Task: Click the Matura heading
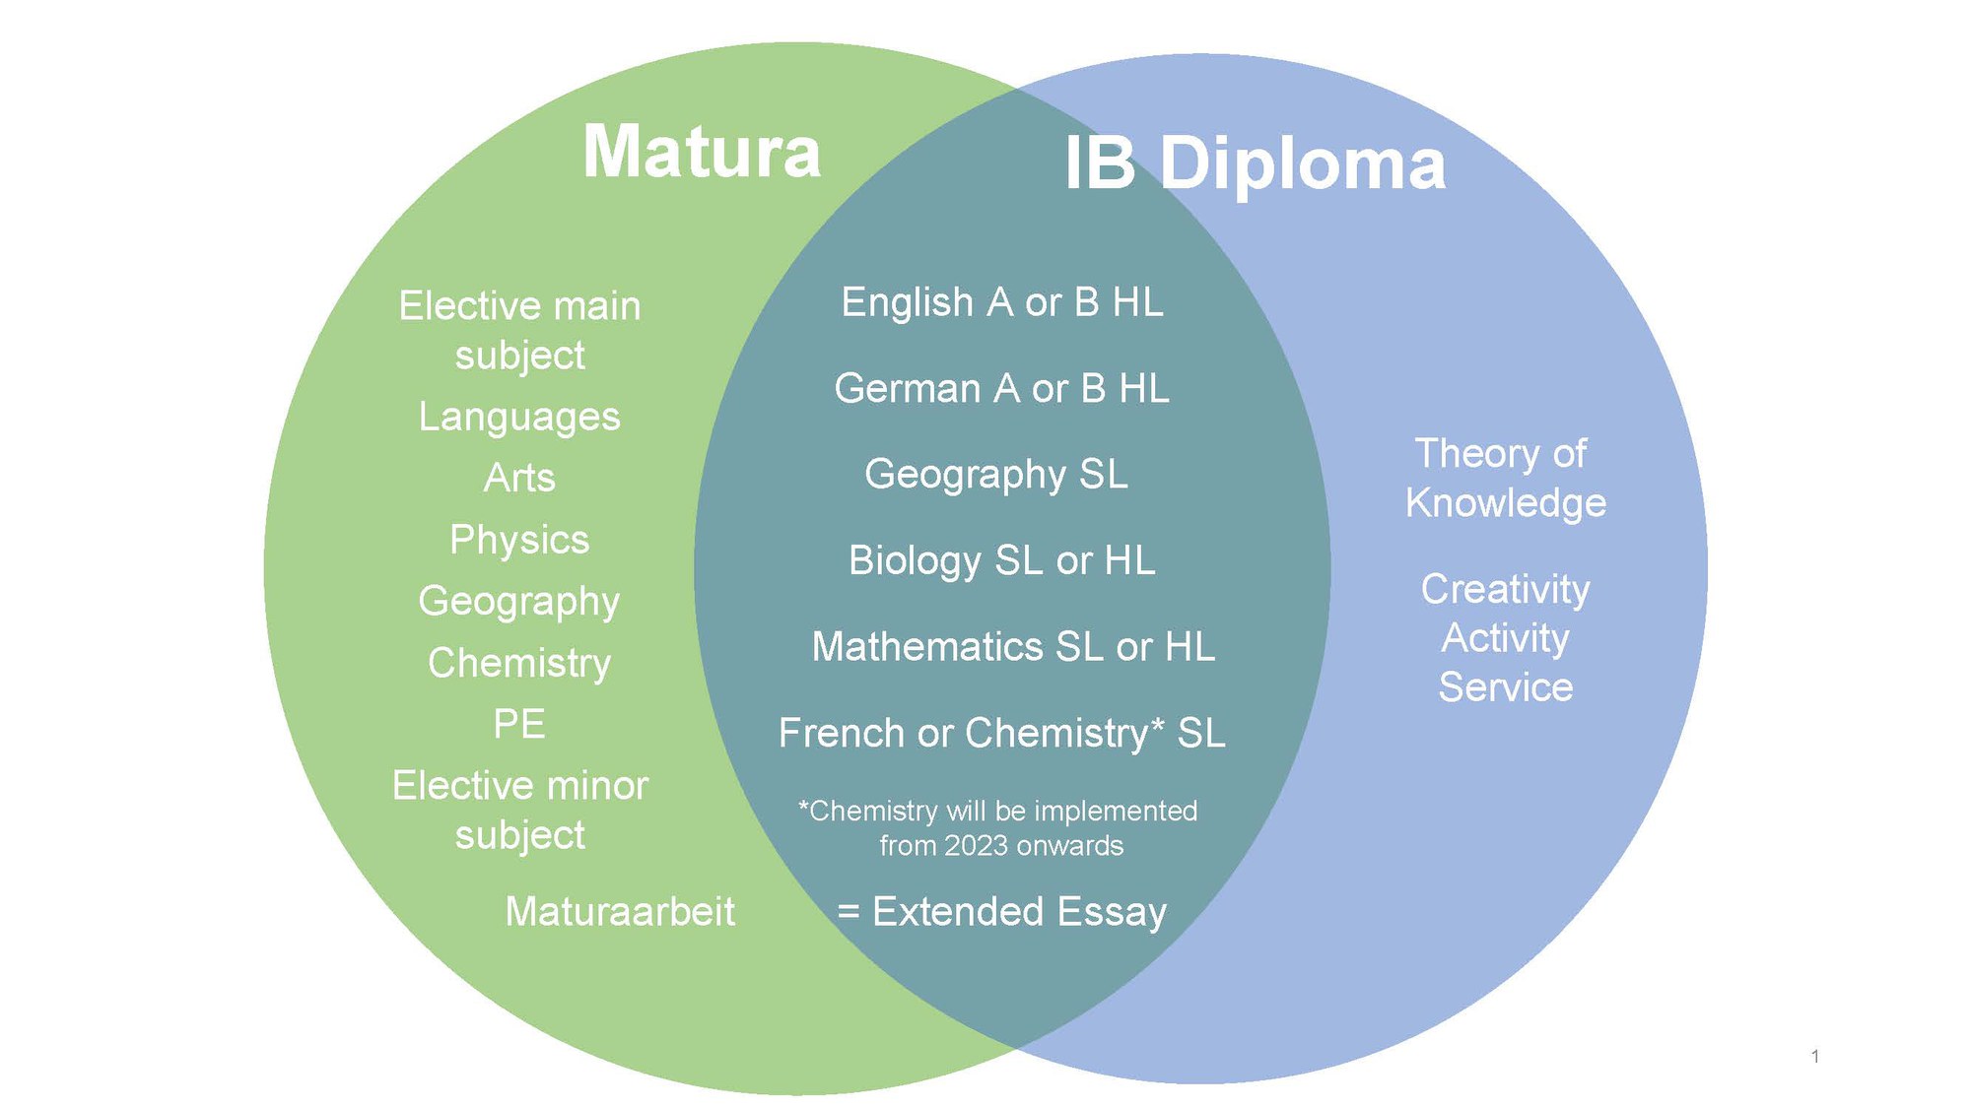701,153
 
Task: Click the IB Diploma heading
1255,163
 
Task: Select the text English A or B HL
1001,302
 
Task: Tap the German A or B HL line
1001,389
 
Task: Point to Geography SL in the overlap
995,475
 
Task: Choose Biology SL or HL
1001,560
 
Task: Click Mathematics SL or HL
1013,647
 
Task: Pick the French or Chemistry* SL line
1001,734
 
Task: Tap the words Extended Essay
1019,912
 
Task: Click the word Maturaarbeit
619,912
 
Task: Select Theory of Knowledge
1505,478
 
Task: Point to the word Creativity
1505,589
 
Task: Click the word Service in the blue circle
1505,687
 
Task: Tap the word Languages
519,417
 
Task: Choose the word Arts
519,478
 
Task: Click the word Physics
519,540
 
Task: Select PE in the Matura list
519,724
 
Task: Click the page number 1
1814,1057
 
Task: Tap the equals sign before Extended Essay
848,912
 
